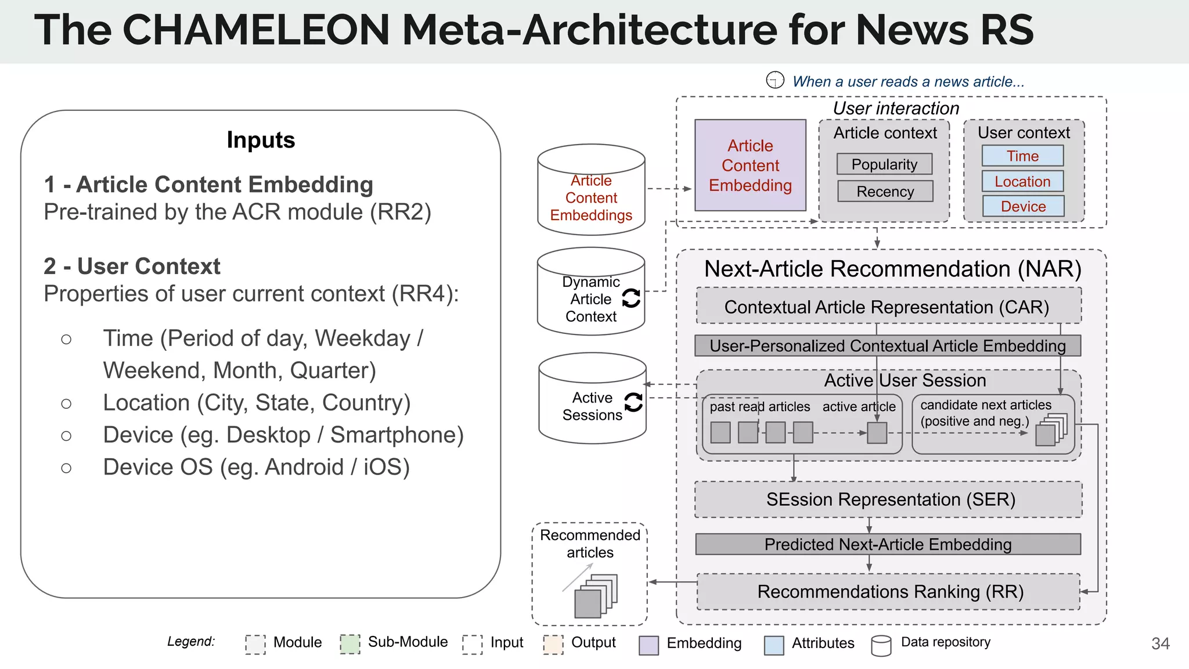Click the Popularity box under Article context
point(884,164)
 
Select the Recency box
point(885,192)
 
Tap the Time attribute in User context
point(1022,156)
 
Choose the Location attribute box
point(1022,181)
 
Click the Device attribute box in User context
point(1023,206)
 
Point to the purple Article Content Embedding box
point(750,166)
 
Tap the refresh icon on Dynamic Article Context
point(631,298)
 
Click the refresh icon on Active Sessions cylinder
point(633,402)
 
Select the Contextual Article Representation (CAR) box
point(888,307)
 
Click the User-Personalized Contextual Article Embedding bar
point(888,346)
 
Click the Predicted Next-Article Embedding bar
point(888,545)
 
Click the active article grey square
point(877,433)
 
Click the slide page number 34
point(1160,643)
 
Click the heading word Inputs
point(261,140)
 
